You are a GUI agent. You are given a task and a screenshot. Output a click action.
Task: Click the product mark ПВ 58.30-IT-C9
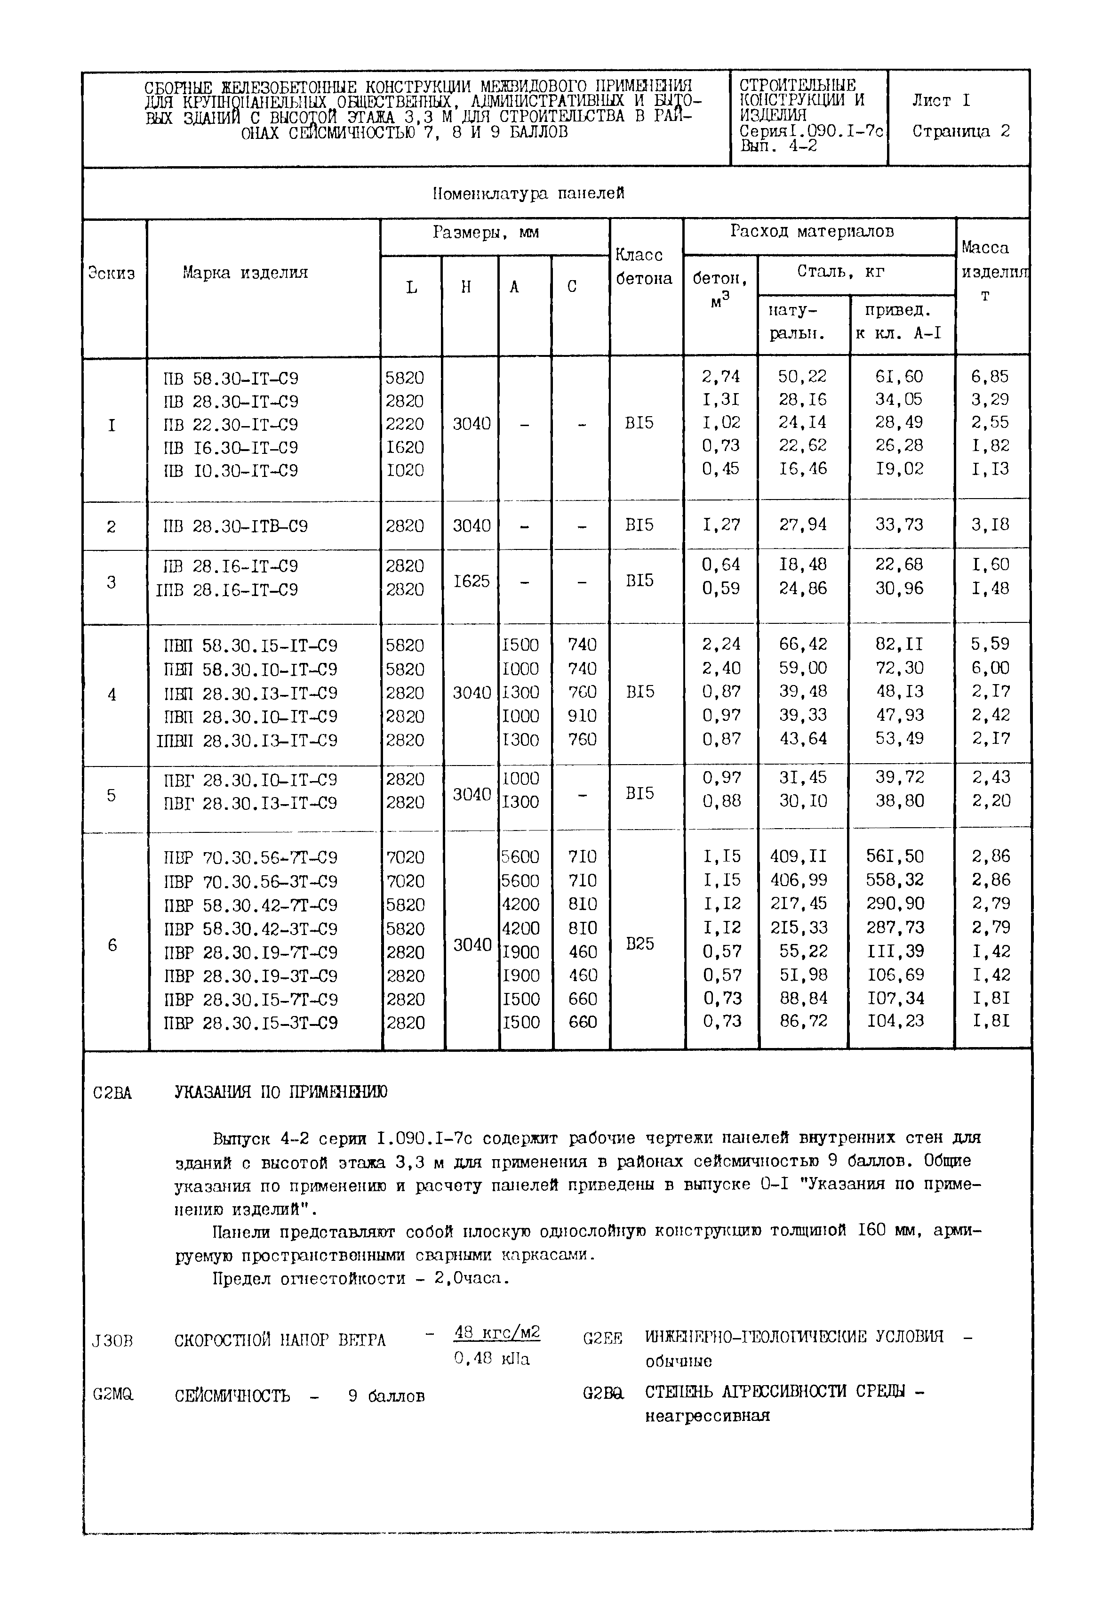(231, 379)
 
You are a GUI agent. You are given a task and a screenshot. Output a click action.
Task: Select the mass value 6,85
(990, 377)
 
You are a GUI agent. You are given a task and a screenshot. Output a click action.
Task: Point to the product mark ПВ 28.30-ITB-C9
(235, 526)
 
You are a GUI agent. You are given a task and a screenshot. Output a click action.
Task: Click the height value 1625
(472, 581)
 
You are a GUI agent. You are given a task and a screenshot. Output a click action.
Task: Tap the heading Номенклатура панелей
(528, 194)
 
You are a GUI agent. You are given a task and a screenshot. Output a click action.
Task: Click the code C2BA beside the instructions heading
(112, 1093)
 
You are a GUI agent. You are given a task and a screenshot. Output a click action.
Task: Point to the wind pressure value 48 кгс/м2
(497, 1332)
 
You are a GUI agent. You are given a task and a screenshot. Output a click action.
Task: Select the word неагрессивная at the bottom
(707, 1415)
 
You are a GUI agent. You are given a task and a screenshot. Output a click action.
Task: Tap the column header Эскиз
(112, 273)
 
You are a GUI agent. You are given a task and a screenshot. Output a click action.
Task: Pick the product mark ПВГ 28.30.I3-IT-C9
(251, 803)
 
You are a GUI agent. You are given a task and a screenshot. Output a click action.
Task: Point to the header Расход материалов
(812, 232)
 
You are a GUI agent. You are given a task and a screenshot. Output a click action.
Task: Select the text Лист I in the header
(941, 101)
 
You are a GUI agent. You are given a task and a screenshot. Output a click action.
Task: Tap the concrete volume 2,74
(720, 377)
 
